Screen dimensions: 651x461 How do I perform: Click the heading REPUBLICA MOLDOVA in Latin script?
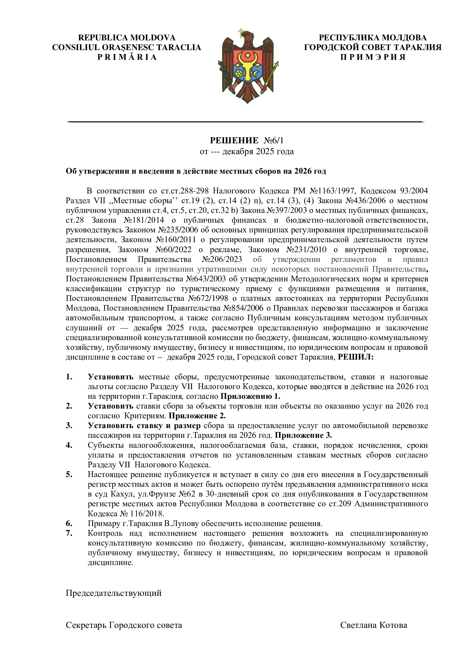(127, 38)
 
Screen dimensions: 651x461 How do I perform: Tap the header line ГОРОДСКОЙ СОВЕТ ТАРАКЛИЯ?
(373, 47)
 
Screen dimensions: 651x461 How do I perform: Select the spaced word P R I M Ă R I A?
(127, 57)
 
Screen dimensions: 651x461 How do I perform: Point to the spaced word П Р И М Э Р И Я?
(373, 57)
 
